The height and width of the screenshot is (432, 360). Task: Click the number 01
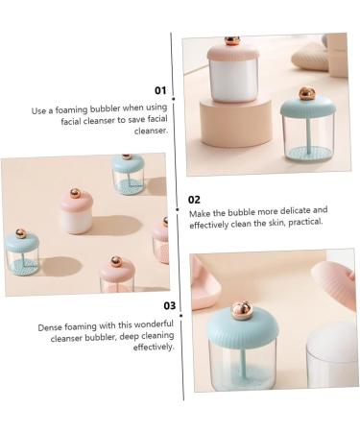pos(160,90)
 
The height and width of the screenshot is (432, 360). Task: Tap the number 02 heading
pos(194,200)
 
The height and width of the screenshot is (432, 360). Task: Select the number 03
pos(170,306)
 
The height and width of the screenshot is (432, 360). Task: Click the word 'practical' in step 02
pos(305,222)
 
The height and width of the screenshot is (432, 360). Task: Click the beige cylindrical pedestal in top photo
pos(236,122)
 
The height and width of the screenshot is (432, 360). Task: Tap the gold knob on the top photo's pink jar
pos(231,40)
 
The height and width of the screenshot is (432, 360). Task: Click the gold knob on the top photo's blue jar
pos(307,93)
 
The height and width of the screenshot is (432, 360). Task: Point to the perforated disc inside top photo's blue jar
pos(307,153)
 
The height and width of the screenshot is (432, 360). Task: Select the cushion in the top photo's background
pos(310,57)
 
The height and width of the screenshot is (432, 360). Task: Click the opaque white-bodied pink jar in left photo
pos(77,211)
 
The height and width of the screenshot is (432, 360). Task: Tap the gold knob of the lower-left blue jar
pos(21,233)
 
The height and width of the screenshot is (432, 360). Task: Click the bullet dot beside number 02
pos(178,209)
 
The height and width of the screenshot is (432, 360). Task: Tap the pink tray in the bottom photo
pos(204,286)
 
